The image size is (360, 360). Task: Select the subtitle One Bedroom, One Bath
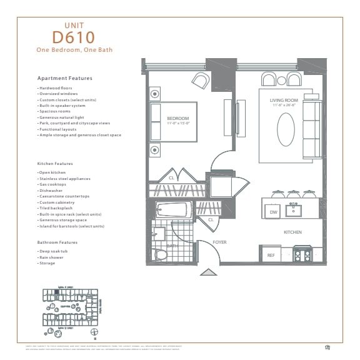point(74,49)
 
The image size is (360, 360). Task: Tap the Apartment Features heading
point(64,78)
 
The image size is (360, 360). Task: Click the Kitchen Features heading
point(55,164)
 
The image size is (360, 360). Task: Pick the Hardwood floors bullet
point(54,88)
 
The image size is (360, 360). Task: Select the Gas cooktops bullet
point(52,185)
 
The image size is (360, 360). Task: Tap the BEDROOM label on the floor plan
point(178,117)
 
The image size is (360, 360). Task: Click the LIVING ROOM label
point(284,101)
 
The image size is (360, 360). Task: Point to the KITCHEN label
point(292,232)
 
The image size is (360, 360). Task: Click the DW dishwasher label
point(273,212)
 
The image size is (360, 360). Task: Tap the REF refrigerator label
point(271,255)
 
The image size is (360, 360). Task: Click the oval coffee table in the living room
point(286,129)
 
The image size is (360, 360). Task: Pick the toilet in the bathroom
point(161,254)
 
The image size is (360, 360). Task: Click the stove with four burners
point(302,254)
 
